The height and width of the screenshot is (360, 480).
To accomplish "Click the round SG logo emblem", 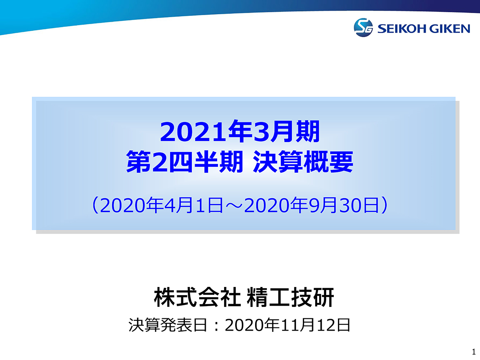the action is click(x=363, y=28).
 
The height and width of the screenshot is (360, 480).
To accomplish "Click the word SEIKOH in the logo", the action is click(x=402, y=29).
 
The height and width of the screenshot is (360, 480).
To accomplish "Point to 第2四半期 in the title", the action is click(x=184, y=162).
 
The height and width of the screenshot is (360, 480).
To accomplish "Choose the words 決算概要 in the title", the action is click(x=303, y=162).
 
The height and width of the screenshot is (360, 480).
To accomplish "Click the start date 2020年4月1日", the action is click(x=161, y=205).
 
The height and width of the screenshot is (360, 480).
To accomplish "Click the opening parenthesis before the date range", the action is click(x=95, y=205).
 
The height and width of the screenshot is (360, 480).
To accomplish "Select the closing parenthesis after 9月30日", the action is click(x=385, y=205).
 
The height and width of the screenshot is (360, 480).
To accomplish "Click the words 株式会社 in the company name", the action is click(x=197, y=297).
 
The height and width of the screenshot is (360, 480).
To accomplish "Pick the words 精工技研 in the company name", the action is click(x=290, y=297).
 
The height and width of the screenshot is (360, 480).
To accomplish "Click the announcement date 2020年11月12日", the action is click(x=287, y=325).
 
